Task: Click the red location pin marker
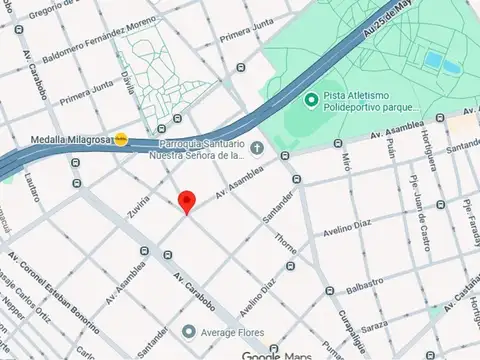(x=186, y=201)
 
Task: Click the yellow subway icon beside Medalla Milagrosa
(x=121, y=139)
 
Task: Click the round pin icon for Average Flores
(x=188, y=331)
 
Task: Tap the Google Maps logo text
(x=276, y=355)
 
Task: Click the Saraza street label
(x=375, y=326)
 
